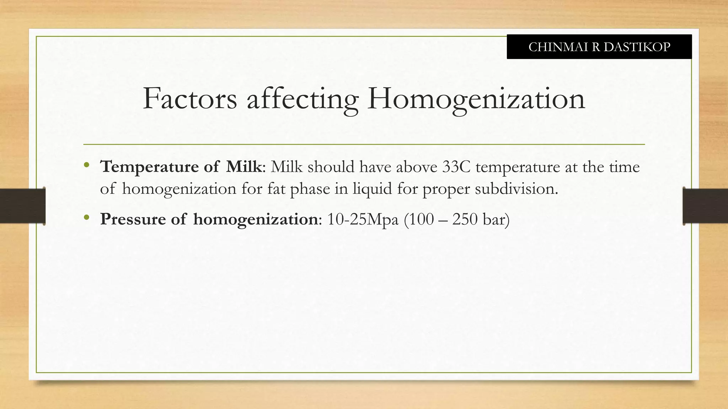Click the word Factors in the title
tap(190, 99)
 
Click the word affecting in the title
tap(303, 99)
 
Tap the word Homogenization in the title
tap(476, 99)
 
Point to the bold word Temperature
tap(149, 167)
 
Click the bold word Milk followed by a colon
tap(244, 167)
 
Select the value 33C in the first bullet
tap(456, 167)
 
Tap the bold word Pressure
tap(133, 219)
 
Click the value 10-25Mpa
tap(363, 219)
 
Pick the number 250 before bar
tap(465, 219)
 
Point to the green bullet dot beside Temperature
tap(86, 165)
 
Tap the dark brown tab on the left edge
tap(22, 206)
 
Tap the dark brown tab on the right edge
tap(705, 206)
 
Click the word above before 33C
tap(417, 167)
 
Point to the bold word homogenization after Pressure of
tap(256, 219)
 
